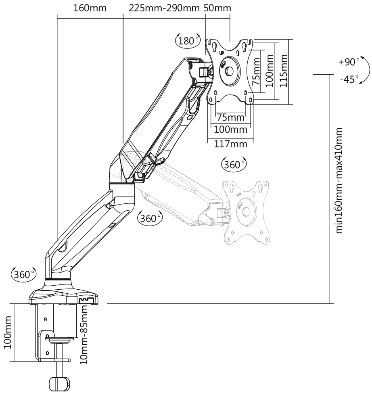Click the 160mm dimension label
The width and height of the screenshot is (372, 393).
pyautogui.click(x=90, y=8)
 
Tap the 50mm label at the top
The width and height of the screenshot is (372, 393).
pyautogui.click(x=218, y=8)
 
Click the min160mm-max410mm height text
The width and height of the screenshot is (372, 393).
pyautogui.click(x=339, y=180)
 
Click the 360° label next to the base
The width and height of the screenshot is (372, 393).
pyautogui.click(x=22, y=274)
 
